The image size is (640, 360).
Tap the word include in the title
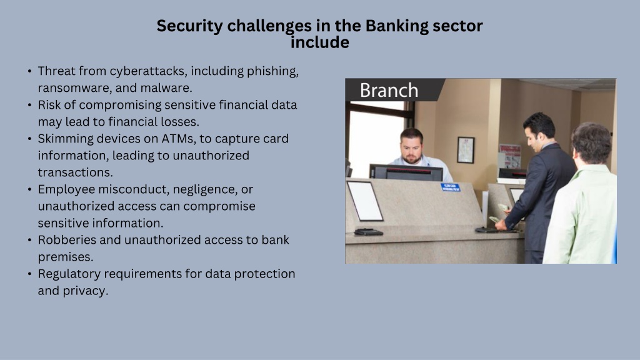pyautogui.click(x=319, y=42)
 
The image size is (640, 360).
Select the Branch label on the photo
pyautogui.click(x=389, y=90)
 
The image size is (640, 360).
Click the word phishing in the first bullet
pyautogui.click(x=272, y=71)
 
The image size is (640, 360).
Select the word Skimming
pyautogui.click(x=65, y=139)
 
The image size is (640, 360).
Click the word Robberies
pyautogui.click(x=67, y=239)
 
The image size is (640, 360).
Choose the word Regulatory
pyautogui.click(x=69, y=274)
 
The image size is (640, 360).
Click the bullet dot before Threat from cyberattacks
pyautogui.click(x=30, y=71)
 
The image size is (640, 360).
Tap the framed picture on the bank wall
pyautogui.click(x=465, y=150)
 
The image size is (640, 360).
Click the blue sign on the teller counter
pyautogui.click(x=451, y=187)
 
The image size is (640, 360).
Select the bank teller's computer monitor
pyautogui.click(x=406, y=172)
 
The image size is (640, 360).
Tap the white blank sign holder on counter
pyautogui.click(x=365, y=201)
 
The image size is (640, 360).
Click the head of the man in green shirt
pyautogui.click(x=592, y=143)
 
